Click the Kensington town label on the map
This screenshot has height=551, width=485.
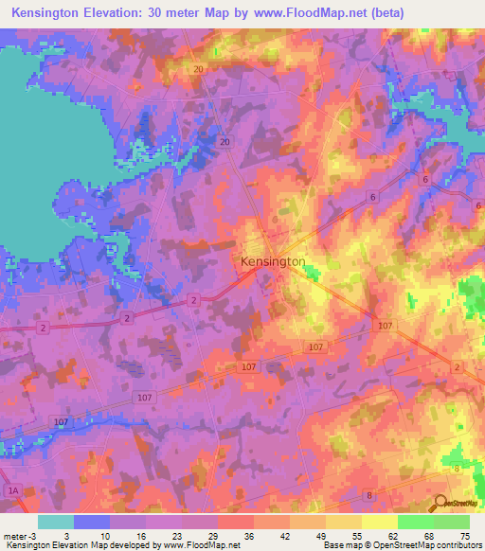(x=272, y=260)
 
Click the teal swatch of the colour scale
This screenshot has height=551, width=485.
(x=56, y=522)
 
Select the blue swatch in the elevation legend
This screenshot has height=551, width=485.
(x=92, y=522)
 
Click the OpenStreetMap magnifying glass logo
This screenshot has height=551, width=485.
(x=440, y=503)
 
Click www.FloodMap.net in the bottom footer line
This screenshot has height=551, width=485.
(x=201, y=545)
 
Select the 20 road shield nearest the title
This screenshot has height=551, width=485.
(x=199, y=70)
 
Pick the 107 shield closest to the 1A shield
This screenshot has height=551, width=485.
(x=61, y=421)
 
